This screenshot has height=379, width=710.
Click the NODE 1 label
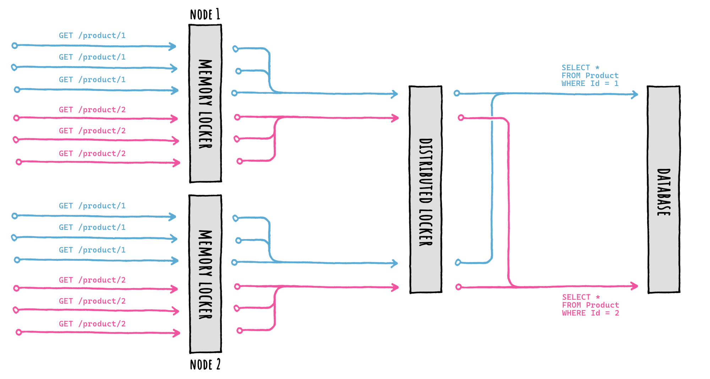point(205,15)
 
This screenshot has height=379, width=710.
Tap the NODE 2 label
point(205,365)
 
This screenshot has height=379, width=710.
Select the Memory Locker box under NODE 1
point(205,103)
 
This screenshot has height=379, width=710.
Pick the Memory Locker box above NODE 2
point(205,274)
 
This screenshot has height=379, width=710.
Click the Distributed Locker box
point(426,189)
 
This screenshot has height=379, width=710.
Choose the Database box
point(663,189)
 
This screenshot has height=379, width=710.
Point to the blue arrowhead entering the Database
point(634,94)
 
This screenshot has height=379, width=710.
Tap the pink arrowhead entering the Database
point(634,286)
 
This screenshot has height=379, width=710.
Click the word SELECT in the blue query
point(575,67)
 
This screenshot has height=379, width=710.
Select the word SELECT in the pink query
point(576,297)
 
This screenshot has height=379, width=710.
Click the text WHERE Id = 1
point(590,83)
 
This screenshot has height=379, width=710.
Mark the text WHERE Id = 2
point(590,313)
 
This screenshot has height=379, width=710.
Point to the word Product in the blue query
point(602,76)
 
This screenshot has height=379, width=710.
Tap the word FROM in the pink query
point(571,305)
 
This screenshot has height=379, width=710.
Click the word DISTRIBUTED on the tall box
point(426,170)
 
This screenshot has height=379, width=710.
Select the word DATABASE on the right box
point(663,192)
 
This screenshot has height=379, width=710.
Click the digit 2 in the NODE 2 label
point(218,364)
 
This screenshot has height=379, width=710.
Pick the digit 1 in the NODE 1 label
point(218,14)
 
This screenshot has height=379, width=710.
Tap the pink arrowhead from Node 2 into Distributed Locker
point(395,287)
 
